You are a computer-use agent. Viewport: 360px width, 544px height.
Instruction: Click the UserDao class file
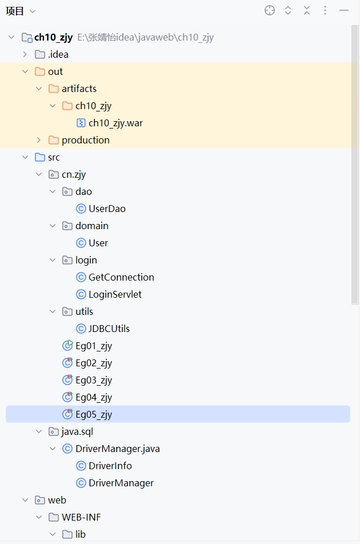107,209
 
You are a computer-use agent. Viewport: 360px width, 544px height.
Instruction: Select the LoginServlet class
115,294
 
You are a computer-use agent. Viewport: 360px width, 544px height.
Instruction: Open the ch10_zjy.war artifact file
115,123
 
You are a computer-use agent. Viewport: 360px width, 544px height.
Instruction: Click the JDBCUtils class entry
109,329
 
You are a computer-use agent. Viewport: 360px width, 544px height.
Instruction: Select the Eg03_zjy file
94,380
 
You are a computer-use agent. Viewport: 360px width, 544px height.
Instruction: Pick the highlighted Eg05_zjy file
94,414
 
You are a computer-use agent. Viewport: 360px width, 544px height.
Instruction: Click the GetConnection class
121,277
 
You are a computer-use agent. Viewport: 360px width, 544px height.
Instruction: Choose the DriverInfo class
110,466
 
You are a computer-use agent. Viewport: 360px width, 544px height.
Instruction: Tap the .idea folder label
58,54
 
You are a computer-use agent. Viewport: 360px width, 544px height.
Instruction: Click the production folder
86,140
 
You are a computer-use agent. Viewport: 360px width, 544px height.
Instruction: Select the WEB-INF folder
81,517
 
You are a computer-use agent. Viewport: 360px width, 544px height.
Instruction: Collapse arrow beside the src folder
25,157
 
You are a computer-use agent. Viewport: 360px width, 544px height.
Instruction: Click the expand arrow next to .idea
25,54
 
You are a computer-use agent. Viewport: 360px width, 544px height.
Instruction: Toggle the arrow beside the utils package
53,311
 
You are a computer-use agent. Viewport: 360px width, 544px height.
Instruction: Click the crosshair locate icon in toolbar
270,10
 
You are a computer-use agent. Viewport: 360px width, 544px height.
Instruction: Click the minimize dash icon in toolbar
344,10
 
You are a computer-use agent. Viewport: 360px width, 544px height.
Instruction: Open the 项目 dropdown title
20,11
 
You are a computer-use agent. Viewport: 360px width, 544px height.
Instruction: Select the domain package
92,226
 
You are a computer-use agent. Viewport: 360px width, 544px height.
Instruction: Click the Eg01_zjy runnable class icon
67,346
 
